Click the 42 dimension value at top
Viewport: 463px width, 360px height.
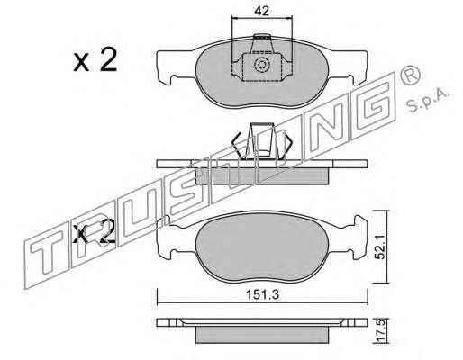[261, 11]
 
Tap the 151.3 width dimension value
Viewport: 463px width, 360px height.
[263, 294]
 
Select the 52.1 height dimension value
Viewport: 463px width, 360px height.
[381, 247]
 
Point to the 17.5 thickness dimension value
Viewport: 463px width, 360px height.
[380, 330]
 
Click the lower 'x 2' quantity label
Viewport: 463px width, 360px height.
[94, 231]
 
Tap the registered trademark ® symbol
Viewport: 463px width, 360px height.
[410, 76]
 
